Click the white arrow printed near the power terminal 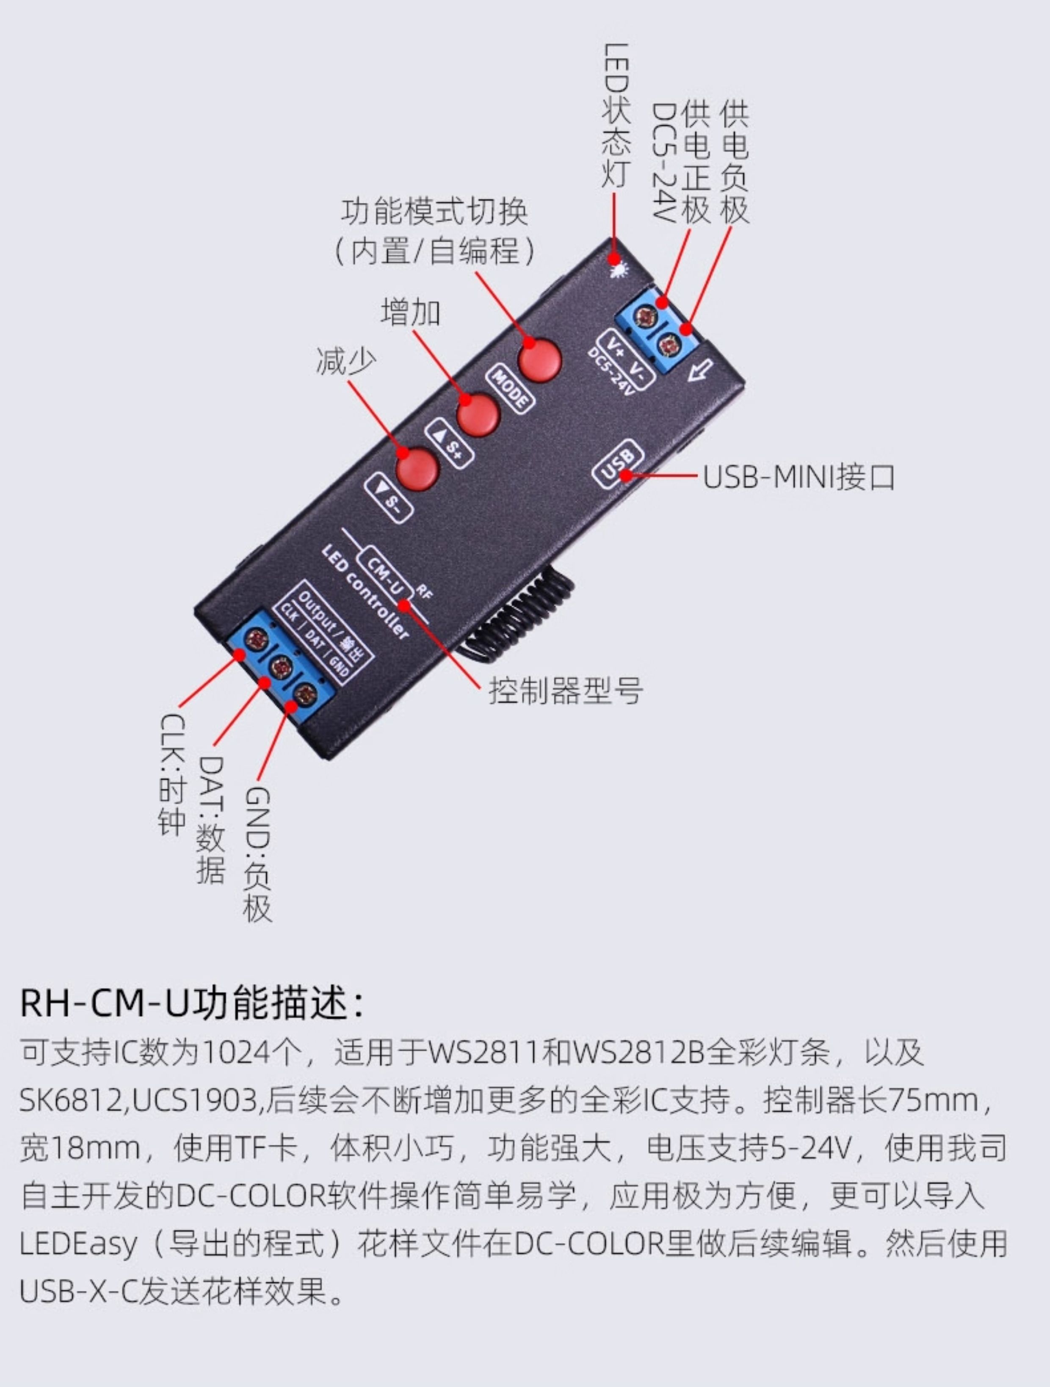701,370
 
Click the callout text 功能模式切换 434,213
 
